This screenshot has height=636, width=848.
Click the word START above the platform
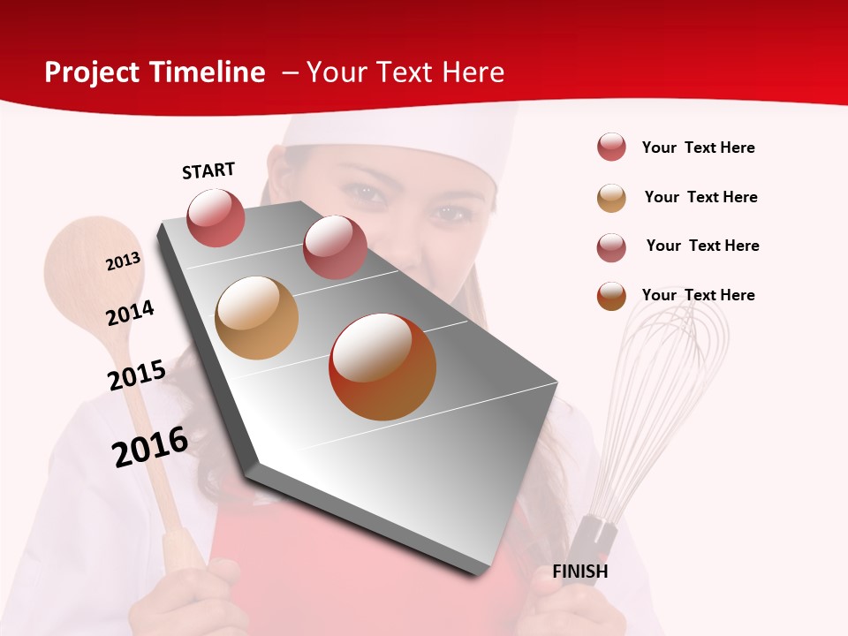click(208, 170)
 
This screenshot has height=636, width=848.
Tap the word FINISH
click(580, 572)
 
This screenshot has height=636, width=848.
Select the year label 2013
click(123, 261)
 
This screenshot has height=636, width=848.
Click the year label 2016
click(150, 447)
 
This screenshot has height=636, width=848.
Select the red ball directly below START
click(216, 218)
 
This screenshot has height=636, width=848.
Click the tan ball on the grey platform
click(257, 318)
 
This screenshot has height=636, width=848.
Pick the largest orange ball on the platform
click(382, 367)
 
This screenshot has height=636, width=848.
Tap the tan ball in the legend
click(611, 198)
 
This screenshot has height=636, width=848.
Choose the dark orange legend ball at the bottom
click(611, 296)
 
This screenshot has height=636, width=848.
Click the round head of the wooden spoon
click(94, 274)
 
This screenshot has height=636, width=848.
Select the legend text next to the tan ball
click(700, 197)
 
